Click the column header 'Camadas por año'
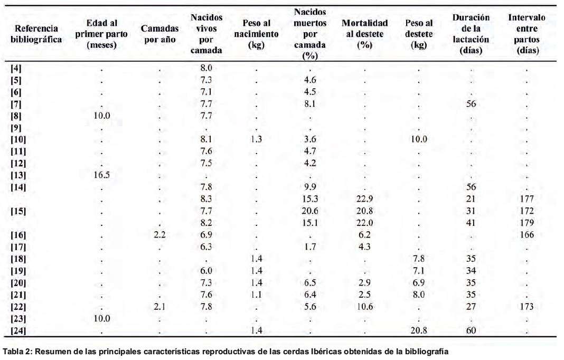tap(159, 34)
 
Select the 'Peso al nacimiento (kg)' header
tap(256, 34)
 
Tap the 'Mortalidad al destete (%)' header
tap(364, 34)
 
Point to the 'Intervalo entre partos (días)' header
tap(527, 34)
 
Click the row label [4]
tap(16, 68)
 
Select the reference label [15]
tap(18, 211)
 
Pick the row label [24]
tap(18, 330)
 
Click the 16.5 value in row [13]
tap(101, 175)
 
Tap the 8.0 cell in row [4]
tap(206, 68)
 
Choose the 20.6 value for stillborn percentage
tap(309, 211)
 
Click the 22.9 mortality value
tap(364, 199)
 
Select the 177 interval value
tap(527, 199)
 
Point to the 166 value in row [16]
tap(527, 235)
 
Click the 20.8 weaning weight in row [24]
tap(419, 330)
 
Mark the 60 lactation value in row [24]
tap(471, 330)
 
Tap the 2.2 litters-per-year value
tap(159, 235)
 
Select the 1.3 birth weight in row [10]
tap(256, 139)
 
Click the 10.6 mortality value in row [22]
tap(364, 306)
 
